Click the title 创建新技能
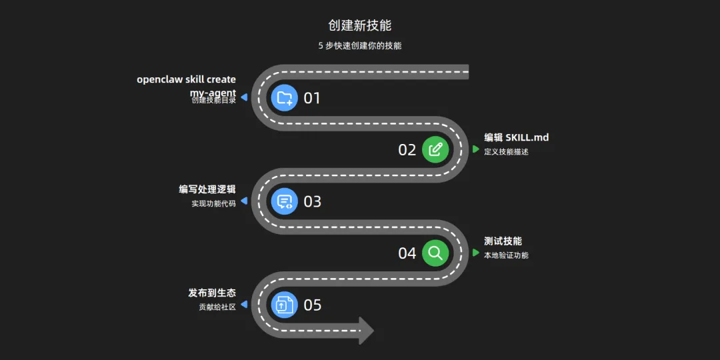tap(360, 25)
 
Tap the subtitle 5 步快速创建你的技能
tap(360, 46)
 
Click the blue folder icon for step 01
tap(285, 98)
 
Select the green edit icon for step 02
tap(435, 149)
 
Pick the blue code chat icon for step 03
tap(285, 201)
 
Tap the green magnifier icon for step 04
tap(435, 253)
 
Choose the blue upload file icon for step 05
tap(285, 305)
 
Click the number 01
tap(312, 98)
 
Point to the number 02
tap(407, 150)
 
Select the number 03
tap(312, 201)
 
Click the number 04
tap(407, 253)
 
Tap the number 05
tap(312, 305)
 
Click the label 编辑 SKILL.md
tap(517, 137)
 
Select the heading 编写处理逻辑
tap(207, 189)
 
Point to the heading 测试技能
tap(503, 241)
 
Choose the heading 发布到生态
tap(212, 293)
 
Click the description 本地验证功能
tap(507, 255)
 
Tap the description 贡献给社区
tap(217, 307)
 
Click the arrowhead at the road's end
tap(366, 331)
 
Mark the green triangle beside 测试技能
tap(476, 253)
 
